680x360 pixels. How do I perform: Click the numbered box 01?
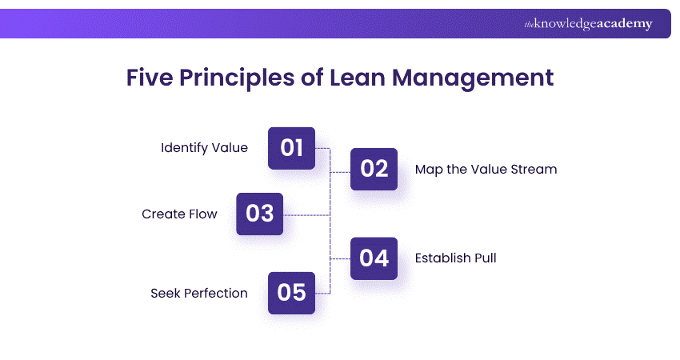(x=291, y=148)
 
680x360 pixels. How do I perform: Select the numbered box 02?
(x=374, y=169)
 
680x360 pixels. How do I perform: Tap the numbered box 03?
(x=260, y=214)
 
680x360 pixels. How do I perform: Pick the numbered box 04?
(x=374, y=258)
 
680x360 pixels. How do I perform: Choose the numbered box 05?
(x=291, y=293)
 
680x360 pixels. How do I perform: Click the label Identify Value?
(x=204, y=148)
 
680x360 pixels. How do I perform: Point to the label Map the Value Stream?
(x=486, y=170)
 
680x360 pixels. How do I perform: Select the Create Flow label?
(x=179, y=214)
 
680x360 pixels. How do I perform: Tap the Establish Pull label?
(x=455, y=258)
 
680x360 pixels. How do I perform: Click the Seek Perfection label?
(x=199, y=294)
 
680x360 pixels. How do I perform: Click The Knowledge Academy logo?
(x=588, y=24)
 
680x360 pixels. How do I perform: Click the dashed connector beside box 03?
(x=307, y=214)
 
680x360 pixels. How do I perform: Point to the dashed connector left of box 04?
(x=341, y=258)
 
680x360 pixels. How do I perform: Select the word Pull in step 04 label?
(x=484, y=258)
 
